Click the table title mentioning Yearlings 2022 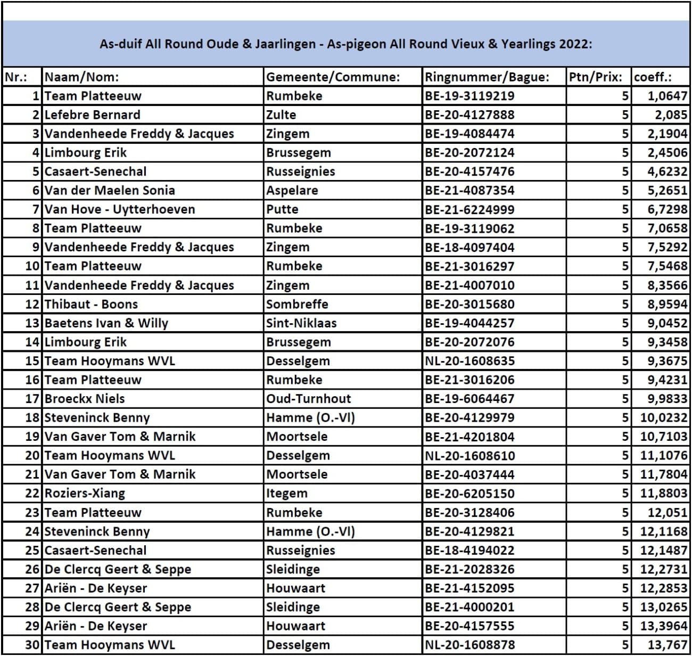pyautogui.click(x=346, y=44)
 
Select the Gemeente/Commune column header pyautogui.click(x=333, y=77)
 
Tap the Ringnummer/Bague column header pyautogui.click(x=487, y=77)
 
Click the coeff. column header pyautogui.click(x=653, y=77)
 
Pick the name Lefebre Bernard pyautogui.click(x=93, y=115)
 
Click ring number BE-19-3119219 pyautogui.click(x=469, y=96)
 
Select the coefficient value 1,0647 pyautogui.click(x=667, y=96)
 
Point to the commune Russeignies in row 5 pyautogui.click(x=301, y=171)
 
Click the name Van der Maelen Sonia pyautogui.click(x=110, y=191)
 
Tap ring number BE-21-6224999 pyautogui.click(x=469, y=210)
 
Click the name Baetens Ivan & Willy pyautogui.click(x=106, y=323)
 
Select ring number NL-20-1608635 pyautogui.click(x=469, y=361)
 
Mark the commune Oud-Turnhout pyautogui.click(x=309, y=399)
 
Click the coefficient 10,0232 pyautogui.click(x=663, y=418)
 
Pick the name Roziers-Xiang pyautogui.click(x=85, y=494)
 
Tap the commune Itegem pyautogui.click(x=287, y=494)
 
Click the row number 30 pyautogui.click(x=32, y=645)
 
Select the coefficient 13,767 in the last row pyautogui.click(x=667, y=645)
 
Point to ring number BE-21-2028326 pyautogui.click(x=469, y=569)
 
